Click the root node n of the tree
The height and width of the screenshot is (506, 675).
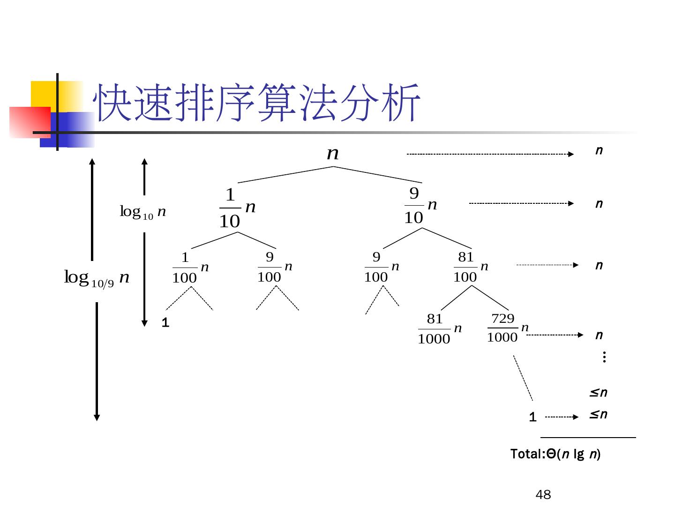coord(333,154)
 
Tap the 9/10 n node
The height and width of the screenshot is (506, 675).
coord(420,205)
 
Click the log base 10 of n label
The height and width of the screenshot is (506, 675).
coord(143,212)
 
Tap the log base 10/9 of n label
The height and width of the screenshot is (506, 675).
coord(97,278)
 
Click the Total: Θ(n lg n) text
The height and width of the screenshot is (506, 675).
coord(555,454)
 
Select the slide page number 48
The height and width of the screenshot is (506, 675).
coord(543,495)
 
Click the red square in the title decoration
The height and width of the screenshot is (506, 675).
coord(30,122)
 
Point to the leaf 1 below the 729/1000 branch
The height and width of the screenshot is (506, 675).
coord(532,417)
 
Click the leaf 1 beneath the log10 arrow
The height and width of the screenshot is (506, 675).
coord(165,323)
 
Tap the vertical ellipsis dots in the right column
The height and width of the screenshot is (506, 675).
coord(604,358)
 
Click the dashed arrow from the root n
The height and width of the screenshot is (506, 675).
coord(490,154)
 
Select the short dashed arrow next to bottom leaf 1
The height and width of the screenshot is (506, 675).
coord(562,417)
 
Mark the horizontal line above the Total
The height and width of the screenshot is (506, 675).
coord(588,438)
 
